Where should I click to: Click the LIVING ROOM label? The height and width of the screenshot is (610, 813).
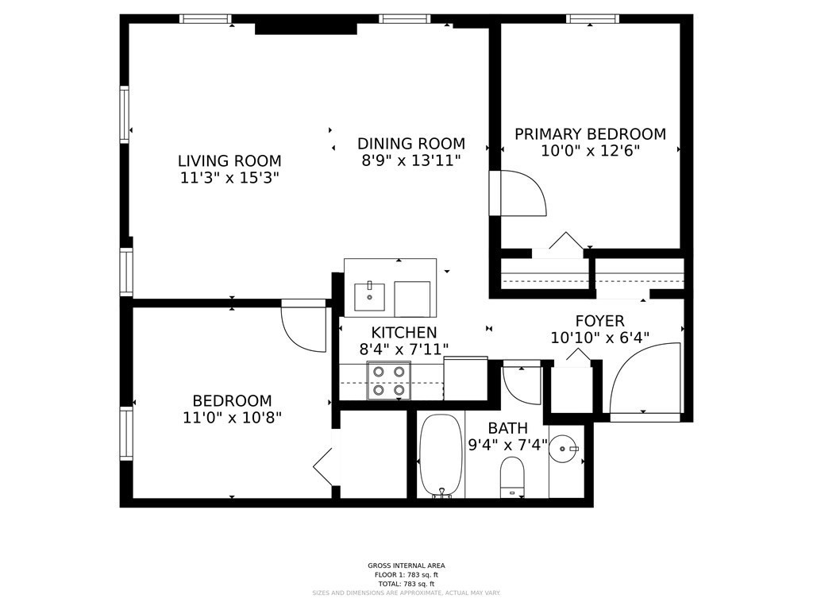pyautogui.click(x=229, y=161)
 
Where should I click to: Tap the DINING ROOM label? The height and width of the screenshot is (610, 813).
pyautogui.click(x=410, y=144)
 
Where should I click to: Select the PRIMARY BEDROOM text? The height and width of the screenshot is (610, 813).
pyautogui.click(x=590, y=134)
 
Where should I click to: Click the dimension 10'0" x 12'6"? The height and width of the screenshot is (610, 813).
pyautogui.click(x=590, y=151)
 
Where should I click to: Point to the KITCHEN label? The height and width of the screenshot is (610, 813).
pyautogui.click(x=404, y=333)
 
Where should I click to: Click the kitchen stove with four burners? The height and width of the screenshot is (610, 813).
pyautogui.click(x=388, y=380)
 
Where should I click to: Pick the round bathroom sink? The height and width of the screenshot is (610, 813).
pyautogui.click(x=565, y=450)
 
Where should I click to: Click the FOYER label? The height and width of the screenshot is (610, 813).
pyautogui.click(x=599, y=321)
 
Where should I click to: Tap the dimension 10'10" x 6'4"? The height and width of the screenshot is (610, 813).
pyautogui.click(x=599, y=338)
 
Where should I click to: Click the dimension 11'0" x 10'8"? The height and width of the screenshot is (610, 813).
pyautogui.click(x=232, y=417)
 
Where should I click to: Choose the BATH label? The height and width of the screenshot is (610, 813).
pyautogui.click(x=507, y=429)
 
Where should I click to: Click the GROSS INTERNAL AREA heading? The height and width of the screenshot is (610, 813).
pyautogui.click(x=406, y=566)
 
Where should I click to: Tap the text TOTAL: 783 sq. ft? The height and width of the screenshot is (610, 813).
pyautogui.click(x=406, y=584)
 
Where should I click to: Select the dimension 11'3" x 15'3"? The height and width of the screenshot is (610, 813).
pyautogui.click(x=229, y=178)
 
